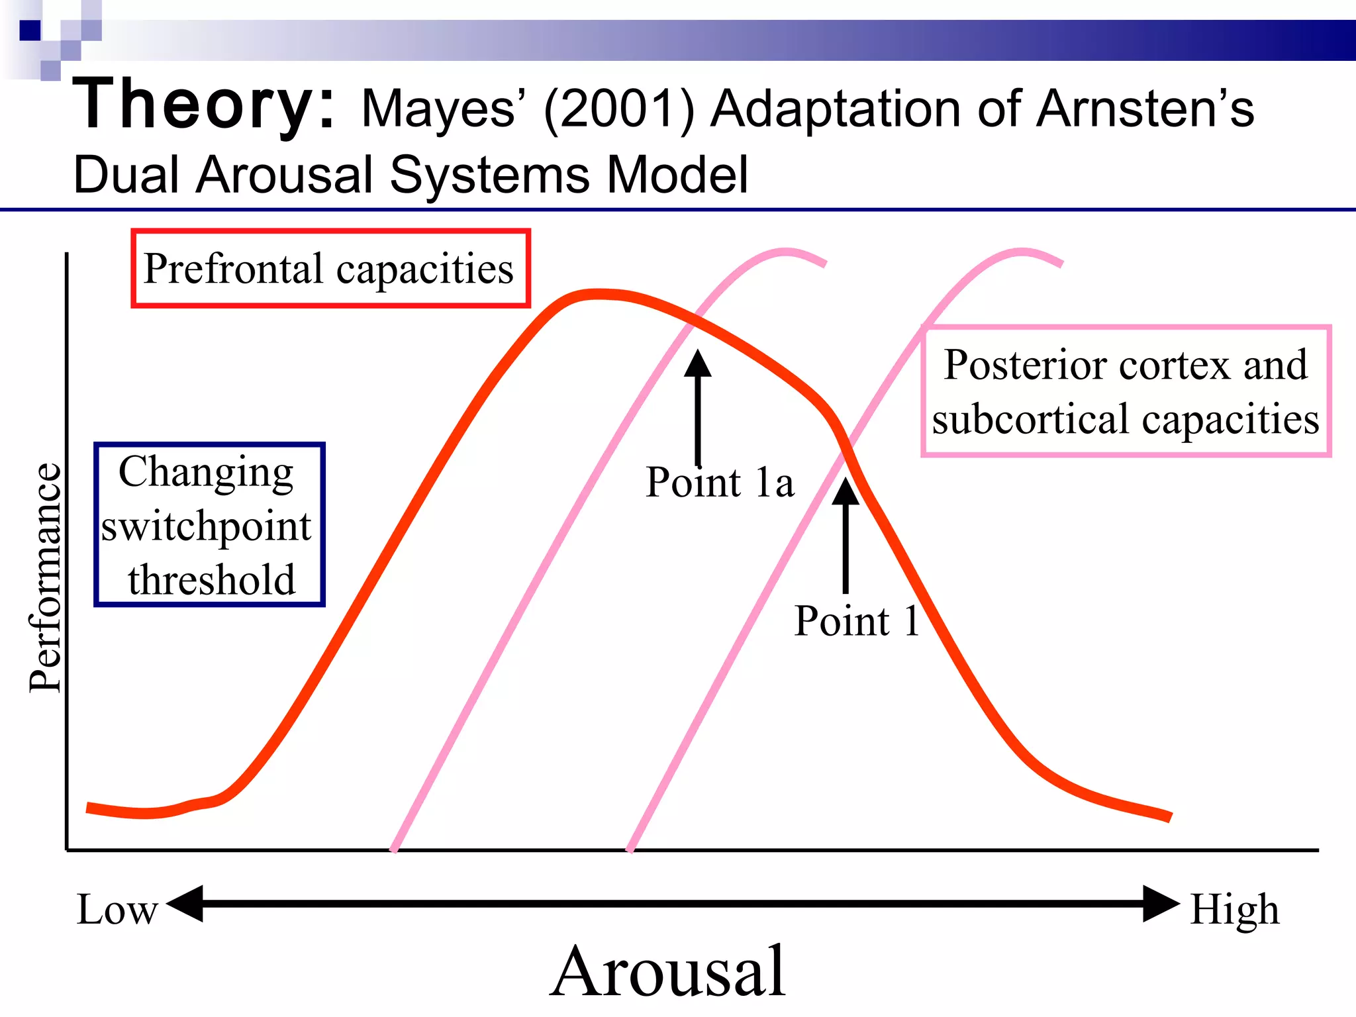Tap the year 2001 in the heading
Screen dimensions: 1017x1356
click(618, 109)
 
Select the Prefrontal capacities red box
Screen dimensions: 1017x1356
click(330, 269)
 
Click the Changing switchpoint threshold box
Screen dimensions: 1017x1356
click(209, 524)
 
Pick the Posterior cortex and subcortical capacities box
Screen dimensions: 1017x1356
click(1126, 391)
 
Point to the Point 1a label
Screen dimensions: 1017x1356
click(720, 482)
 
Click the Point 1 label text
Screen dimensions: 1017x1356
click(857, 621)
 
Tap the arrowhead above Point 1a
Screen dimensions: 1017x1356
click(697, 363)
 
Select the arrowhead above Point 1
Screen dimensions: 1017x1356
click(846, 491)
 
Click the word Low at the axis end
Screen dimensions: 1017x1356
click(117, 910)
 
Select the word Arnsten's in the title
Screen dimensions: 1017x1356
click(1145, 109)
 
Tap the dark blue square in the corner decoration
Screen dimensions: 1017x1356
click(30, 30)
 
